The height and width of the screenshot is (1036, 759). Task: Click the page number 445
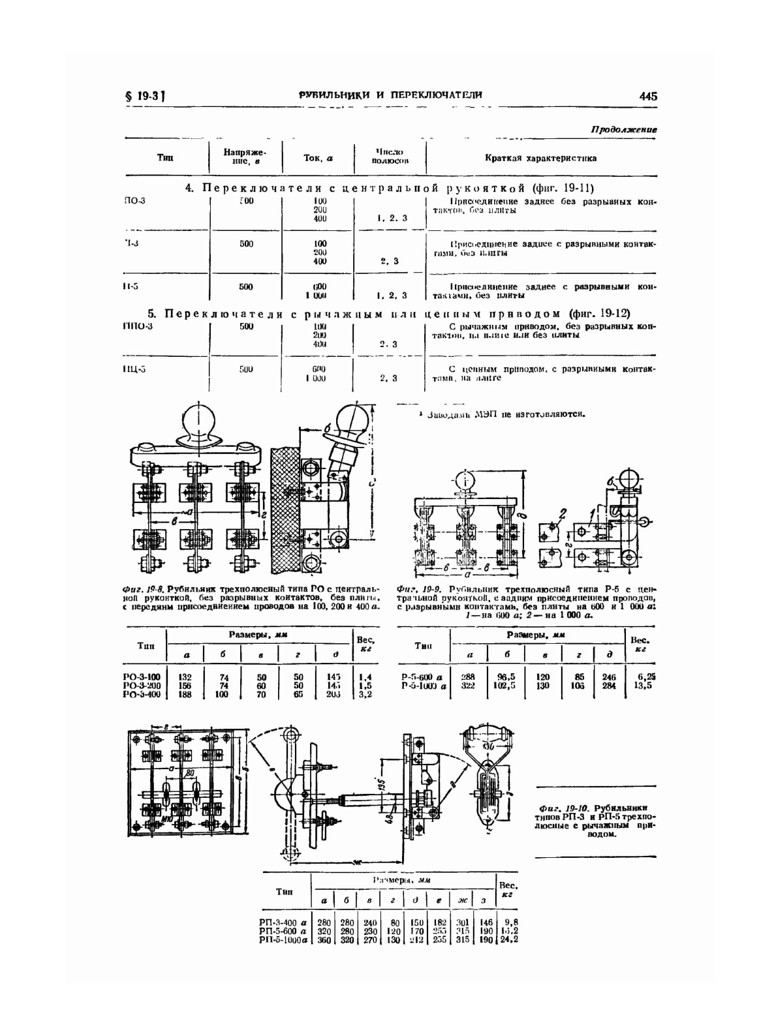pos(648,96)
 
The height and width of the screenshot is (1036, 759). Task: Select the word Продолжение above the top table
pos(623,130)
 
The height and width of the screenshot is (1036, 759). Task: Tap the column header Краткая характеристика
pos(540,158)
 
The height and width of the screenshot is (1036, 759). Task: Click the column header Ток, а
pos(318,158)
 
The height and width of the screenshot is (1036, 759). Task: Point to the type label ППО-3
pos(137,326)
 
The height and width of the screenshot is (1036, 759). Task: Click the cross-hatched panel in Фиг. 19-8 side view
pos(286,502)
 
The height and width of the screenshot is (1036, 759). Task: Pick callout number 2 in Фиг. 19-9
pos(563,513)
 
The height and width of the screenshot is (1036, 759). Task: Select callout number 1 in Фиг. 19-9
pos(593,513)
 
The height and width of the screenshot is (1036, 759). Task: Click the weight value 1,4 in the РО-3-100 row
pos(365,677)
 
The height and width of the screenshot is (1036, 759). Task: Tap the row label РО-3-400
pos(142,694)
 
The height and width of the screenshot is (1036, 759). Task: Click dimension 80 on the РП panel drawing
pos(190,774)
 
